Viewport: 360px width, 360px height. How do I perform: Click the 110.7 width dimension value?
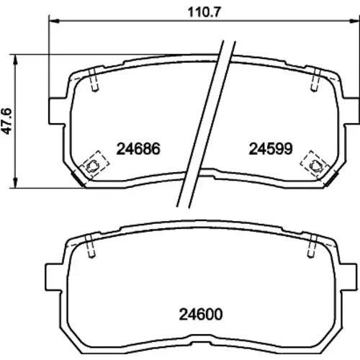pyautogui.click(x=204, y=12)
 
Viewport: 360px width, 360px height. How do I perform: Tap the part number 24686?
pyautogui.click(x=138, y=149)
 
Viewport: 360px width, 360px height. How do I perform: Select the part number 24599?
pyautogui.click(x=271, y=149)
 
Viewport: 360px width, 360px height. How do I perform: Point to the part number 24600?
pyautogui.click(x=201, y=315)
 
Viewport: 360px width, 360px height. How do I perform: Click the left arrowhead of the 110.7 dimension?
pyautogui.click(x=54, y=21)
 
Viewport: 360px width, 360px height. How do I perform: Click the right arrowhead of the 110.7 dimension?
pyautogui.click(x=354, y=21)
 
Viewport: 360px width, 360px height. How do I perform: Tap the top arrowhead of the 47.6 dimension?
pyautogui.click(x=16, y=60)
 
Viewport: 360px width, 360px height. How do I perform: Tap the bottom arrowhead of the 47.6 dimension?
pyautogui.click(x=16, y=183)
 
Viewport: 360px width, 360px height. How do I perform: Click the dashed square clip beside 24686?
pyautogui.click(x=94, y=164)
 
